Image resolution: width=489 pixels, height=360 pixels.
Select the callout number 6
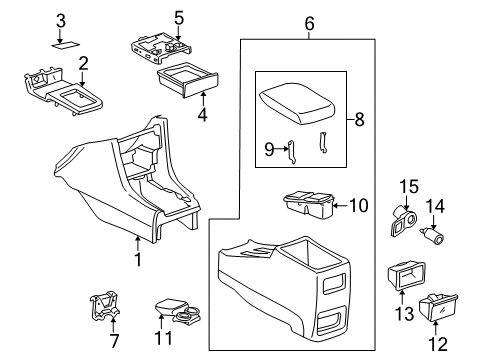(x=309, y=22)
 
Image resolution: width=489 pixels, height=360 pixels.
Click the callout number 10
(x=358, y=207)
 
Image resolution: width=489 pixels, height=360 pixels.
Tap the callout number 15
(x=408, y=187)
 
